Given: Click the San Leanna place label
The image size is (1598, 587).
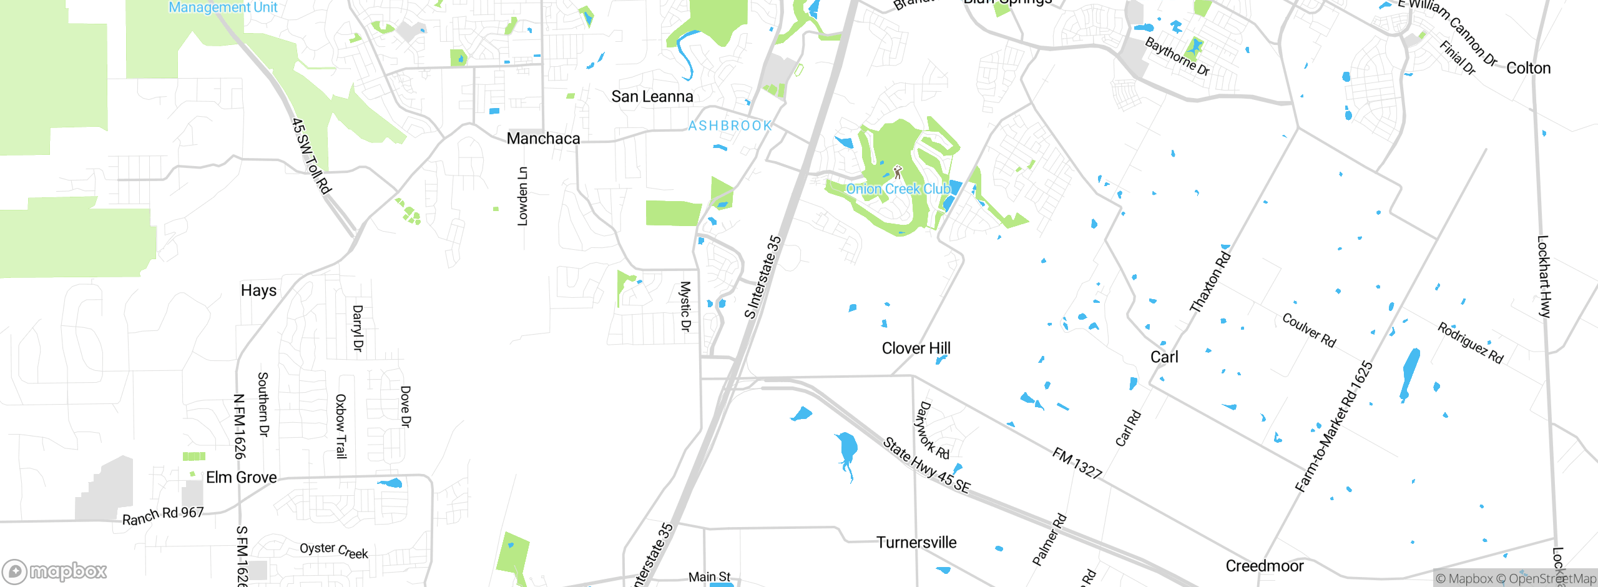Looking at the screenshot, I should tap(652, 97).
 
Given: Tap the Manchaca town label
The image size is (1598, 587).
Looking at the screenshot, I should tap(543, 139).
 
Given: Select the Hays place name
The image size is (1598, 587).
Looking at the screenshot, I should tap(258, 290).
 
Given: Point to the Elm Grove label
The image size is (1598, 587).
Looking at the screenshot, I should tap(241, 478).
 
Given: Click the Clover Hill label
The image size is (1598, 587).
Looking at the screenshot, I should tap(916, 348).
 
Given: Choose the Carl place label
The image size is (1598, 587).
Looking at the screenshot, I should tap(1164, 357).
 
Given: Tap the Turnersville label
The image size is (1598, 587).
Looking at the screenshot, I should tap(916, 543).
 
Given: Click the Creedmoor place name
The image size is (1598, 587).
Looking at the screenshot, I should tap(1264, 566).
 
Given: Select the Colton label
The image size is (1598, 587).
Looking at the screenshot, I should tap(1528, 68).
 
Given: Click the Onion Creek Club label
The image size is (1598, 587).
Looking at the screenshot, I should tap(898, 189).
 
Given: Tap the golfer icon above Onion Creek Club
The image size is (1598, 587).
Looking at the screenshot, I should tap(898, 172).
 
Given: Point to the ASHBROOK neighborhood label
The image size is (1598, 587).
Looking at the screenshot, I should tap(730, 126).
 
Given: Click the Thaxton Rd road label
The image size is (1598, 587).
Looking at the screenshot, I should tap(1210, 281).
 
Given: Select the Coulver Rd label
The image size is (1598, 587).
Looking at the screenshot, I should tap(1308, 330).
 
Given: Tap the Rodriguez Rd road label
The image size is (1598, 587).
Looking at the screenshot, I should tap(1470, 343).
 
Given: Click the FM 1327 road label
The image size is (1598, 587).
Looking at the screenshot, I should tap(1077, 463).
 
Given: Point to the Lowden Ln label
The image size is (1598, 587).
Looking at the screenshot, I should tap(522, 196).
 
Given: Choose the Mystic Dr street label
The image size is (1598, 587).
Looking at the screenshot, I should tap(685, 306).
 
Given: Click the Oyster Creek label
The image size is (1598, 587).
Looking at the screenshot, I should tap(333, 550).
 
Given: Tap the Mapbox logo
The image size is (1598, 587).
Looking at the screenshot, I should tap(55, 571).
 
